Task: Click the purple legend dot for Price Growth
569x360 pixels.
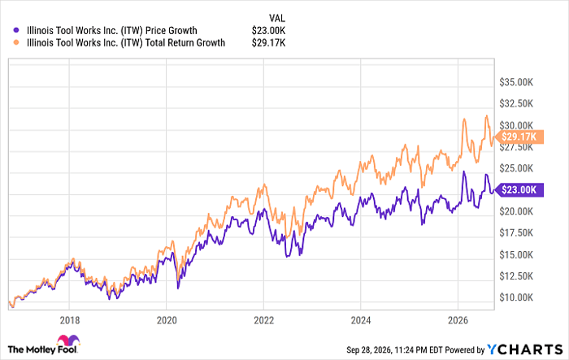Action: tap(16, 31)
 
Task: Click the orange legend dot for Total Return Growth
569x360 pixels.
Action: tap(16, 43)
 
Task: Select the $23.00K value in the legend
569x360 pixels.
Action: tap(268, 31)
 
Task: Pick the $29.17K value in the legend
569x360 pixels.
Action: tap(268, 43)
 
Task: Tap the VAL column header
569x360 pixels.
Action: tap(277, 18)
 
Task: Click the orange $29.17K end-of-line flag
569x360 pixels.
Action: tap(519, 137)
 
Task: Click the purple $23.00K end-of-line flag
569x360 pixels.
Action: tap(519, 189)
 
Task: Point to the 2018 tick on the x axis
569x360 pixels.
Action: tap(70, 320)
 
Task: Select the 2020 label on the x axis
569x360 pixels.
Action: tap(167, 320)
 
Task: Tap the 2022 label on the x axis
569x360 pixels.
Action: tap(264, 320)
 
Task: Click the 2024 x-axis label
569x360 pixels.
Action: tap(361, 320)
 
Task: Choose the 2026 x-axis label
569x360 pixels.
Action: tap(458, 320)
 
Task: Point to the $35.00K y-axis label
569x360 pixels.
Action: tap(516, 82)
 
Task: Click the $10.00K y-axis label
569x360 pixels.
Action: tap(516, 297)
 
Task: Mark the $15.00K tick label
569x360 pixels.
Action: tap(516, 254)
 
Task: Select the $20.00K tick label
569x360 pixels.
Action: tap(516, 211)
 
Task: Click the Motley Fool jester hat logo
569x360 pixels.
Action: tap(68, 340)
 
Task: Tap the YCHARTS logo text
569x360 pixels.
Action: tap(525, 349)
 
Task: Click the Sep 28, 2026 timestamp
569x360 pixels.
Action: tap(369, 349)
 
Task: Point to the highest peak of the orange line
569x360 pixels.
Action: tap(487, 115)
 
